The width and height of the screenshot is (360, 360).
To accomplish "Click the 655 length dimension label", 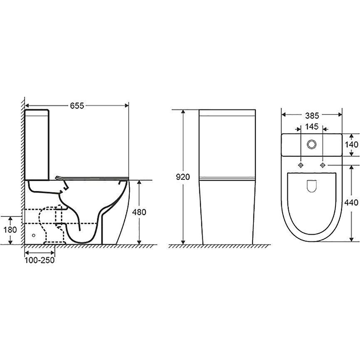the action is tap(77, 106).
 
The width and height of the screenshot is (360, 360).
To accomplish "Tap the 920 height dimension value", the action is tap(183, 177).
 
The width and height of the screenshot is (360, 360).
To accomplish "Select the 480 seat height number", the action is tap(139, 212).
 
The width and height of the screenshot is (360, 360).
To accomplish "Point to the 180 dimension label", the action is tap(10, 229).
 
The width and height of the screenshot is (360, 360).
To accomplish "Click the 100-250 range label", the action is tap(40, 260).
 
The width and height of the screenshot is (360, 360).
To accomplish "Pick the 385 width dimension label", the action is tap(312, 116).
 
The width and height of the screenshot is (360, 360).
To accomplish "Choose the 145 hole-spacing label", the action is tap(312, 127).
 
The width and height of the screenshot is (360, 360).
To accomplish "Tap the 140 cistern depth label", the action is tap(351, 144).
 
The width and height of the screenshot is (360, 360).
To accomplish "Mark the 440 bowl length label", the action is tap(351, 202).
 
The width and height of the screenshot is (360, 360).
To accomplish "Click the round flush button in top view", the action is tap(312, 144).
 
